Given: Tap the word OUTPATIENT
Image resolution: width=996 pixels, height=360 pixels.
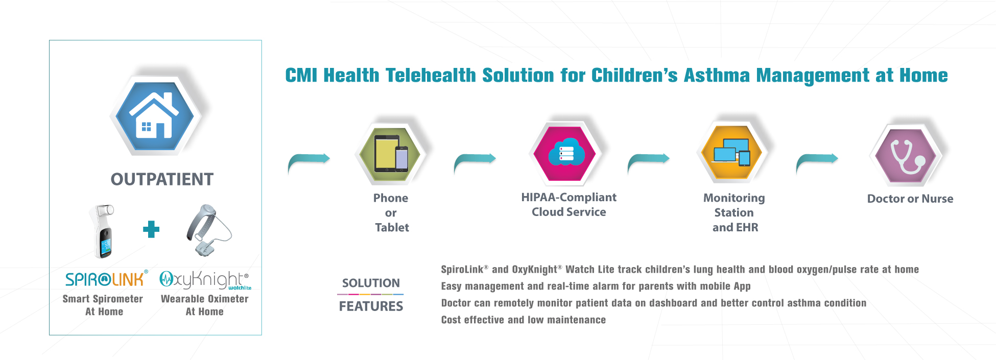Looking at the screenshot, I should [x=162, y=179].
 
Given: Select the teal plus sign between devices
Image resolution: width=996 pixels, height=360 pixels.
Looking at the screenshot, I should [x=151, y=229].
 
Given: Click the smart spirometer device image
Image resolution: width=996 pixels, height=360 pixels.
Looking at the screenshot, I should [x=104, y=230].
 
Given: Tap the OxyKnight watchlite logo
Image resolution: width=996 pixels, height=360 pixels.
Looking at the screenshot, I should [x=205, y=280].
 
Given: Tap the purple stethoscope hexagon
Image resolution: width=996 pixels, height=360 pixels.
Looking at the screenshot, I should [x=905, y=155].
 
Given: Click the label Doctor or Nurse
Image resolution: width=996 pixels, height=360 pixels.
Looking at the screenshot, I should [x=910, y=199].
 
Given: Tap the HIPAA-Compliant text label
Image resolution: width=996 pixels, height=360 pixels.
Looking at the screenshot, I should [x=568, y=197].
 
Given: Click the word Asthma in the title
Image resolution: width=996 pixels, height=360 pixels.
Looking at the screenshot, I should [x=717, y=75].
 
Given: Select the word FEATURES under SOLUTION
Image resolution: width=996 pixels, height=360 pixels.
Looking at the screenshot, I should [x=371, y=306].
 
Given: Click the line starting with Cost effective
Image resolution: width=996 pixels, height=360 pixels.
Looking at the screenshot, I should [x=523, y=320].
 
